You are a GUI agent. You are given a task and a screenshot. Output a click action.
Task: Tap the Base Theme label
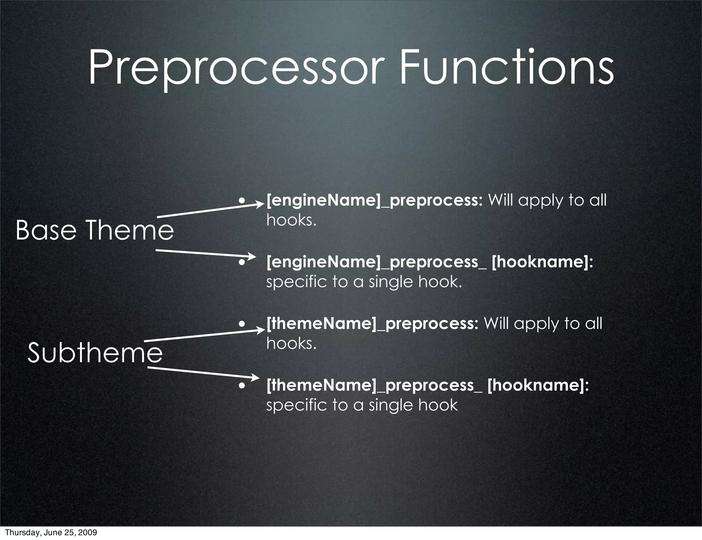point(95,230)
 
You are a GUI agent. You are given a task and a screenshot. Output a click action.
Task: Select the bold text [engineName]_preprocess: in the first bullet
point(375,200)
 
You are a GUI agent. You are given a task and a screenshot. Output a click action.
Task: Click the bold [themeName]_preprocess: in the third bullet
point(372,323)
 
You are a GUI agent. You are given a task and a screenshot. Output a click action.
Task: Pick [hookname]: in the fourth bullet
point(538,385)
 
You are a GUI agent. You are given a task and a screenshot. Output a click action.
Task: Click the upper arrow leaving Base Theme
point(209,210)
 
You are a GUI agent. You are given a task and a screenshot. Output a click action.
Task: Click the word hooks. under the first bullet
point(291,220)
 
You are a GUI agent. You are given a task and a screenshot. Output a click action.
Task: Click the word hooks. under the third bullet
point(291,343)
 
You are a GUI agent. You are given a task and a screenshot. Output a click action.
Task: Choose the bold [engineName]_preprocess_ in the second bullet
point(377,262)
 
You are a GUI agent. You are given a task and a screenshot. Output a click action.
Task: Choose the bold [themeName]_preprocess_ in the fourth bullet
point(374,385)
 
